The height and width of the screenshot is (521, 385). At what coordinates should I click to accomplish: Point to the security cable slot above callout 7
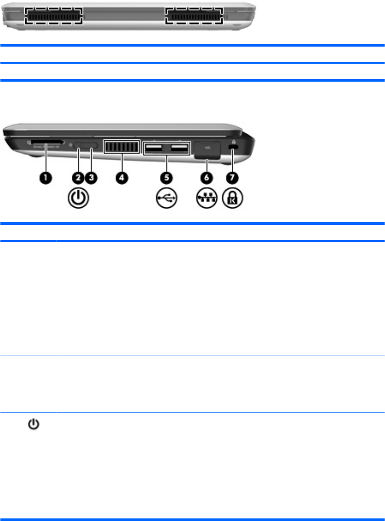(x=233, y=146)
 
